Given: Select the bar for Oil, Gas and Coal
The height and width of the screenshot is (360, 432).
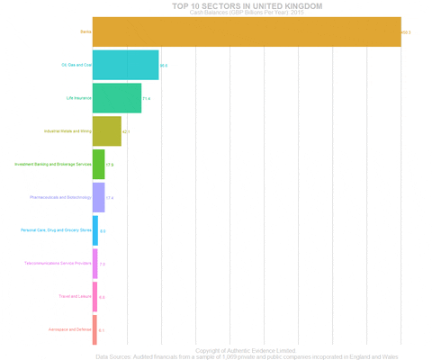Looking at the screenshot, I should [125, 65].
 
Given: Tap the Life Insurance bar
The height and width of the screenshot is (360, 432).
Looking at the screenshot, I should [116, 97].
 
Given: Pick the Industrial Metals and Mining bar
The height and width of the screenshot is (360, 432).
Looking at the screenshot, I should [106, 130].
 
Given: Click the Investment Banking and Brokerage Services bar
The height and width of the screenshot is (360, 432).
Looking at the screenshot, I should [98, 164].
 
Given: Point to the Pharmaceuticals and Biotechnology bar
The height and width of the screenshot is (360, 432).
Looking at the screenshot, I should [98, 197].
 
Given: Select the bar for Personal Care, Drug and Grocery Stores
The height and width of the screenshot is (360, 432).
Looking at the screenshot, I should [95, 230].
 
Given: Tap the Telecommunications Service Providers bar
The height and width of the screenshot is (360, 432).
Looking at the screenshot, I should [95, 264].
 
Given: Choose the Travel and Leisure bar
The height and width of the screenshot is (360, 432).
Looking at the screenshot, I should [94, 296].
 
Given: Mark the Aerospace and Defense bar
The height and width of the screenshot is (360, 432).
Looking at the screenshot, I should [94, 329].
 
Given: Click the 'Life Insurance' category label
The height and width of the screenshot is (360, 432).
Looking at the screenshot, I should [78, 97].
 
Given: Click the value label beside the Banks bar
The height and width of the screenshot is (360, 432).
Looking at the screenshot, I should [406, 32].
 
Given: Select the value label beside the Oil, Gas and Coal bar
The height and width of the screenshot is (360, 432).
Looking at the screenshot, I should [164, 66].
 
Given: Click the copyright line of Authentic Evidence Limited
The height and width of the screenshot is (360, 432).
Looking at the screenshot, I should [246, 350].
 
